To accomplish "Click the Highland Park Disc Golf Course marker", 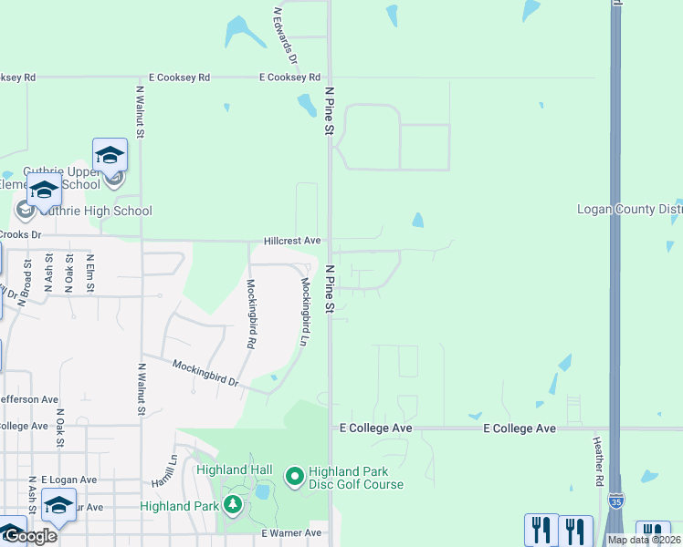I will coord(295,476).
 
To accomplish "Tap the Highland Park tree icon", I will coord(233,505).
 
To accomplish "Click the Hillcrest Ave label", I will coord(292,241).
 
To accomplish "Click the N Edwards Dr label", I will coord(286,36).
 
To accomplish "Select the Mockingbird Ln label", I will coord(305,311).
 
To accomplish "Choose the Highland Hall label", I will coord(235,470).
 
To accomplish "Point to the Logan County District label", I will coord(629,210).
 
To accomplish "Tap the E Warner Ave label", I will coord(291,532).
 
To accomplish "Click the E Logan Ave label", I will coord(68,480).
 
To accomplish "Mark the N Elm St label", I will coord(90,271).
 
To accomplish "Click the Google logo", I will coord(30,536).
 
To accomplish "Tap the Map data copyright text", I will coord(644,540).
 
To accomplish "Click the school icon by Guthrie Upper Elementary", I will coord(110,156).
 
